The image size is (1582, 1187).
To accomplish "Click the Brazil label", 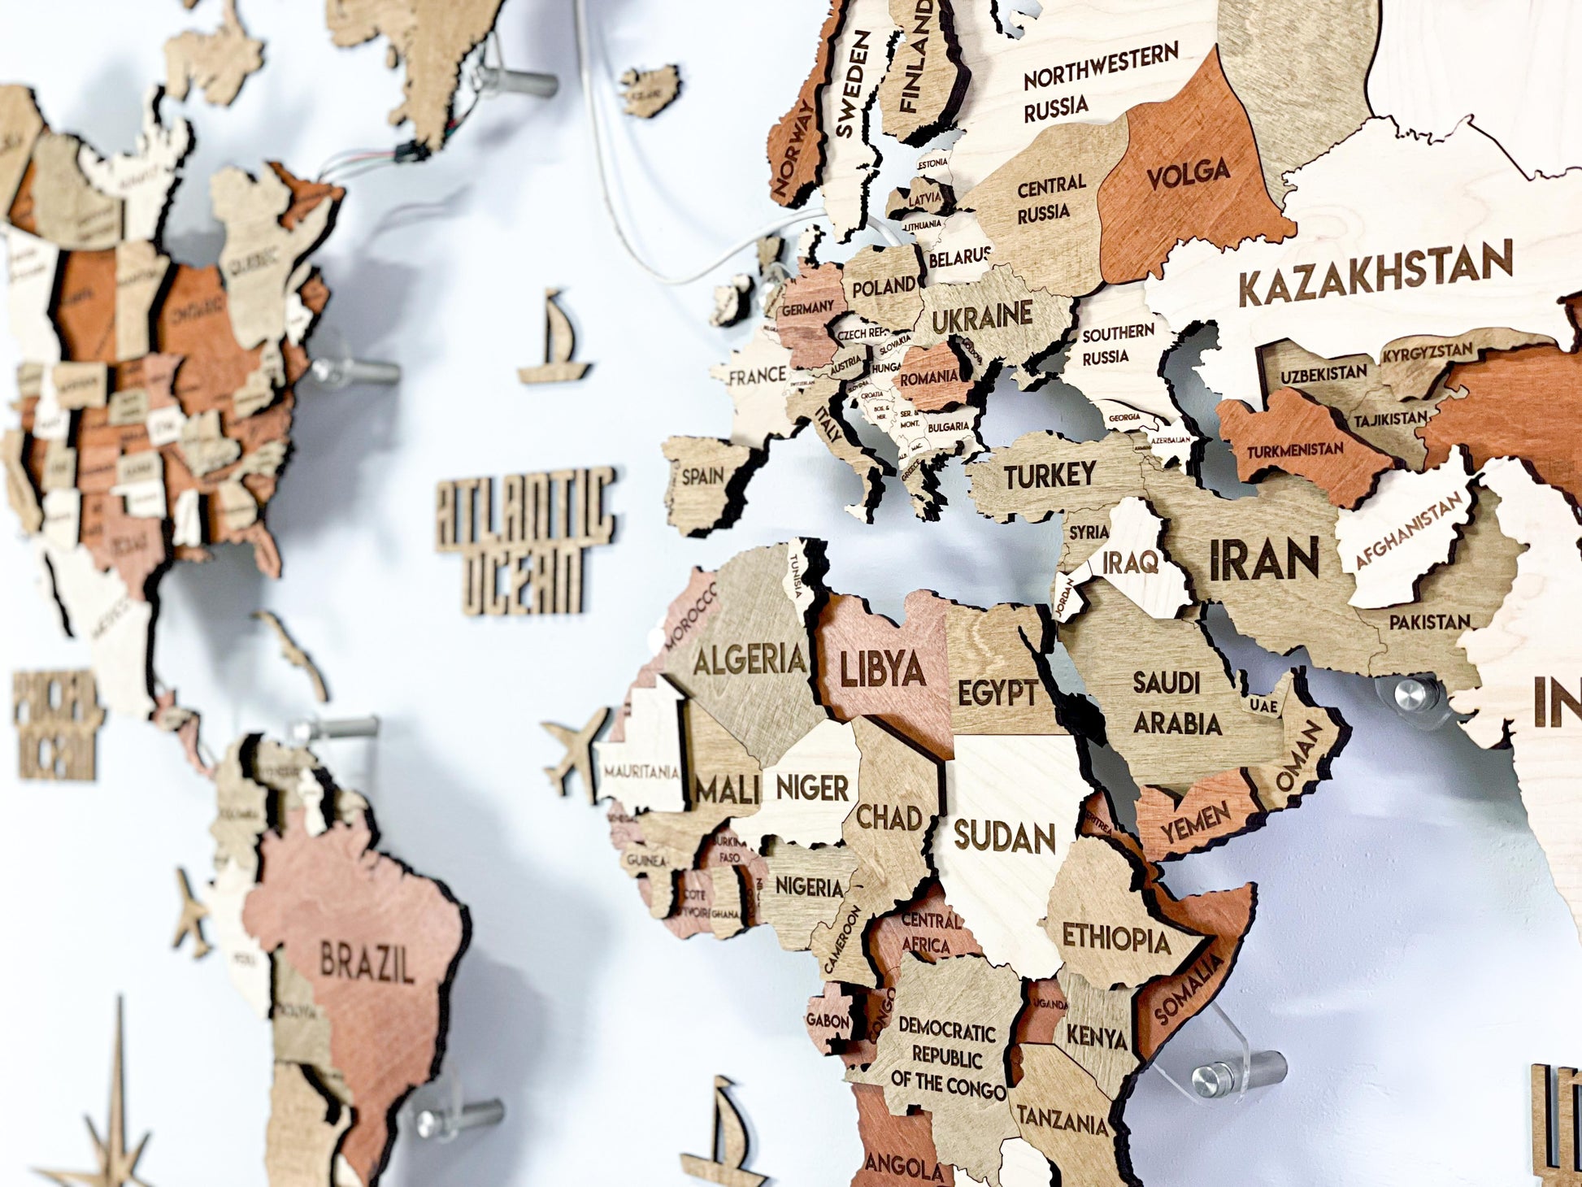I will tap(366, 965).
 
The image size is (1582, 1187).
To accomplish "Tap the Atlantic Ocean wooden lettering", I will tap(525, 538).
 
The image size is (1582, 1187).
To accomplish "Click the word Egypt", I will tap(997, 694).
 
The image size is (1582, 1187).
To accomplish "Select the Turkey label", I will tap(1050, 475).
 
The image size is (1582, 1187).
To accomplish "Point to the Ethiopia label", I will tap(1116, 938).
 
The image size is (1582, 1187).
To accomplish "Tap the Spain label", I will tap(703, 476).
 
